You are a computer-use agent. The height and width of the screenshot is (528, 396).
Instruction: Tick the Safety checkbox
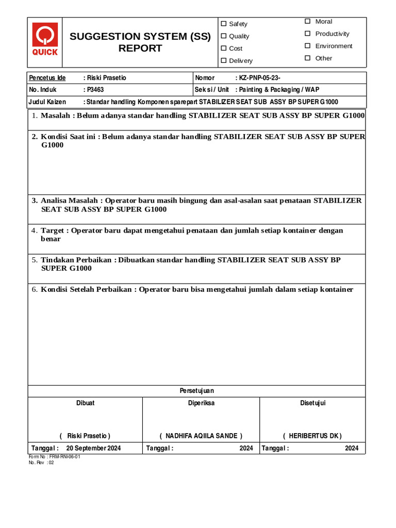pos(224,24)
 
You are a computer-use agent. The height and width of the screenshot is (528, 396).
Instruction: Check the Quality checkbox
pos(224,36)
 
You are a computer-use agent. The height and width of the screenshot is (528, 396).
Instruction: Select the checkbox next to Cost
pos(224,48)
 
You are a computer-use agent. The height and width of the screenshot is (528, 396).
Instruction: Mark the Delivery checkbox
pos(224,61)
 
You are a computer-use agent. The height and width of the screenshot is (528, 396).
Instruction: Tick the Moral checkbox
pos(307,21)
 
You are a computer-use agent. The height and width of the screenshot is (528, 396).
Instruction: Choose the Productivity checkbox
pos(307,34)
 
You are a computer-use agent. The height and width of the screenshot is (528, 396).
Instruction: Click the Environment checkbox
pos(307,46)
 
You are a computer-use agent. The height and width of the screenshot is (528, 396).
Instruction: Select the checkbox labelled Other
pos(307,58)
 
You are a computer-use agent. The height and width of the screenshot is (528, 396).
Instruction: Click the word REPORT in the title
pos(140,48)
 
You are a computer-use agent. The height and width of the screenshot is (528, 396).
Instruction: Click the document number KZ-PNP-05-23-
pos(259,78)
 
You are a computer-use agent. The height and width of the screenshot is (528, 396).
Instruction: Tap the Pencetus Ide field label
pos(47,78)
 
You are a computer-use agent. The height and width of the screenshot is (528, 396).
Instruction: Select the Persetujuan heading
pos(196,391)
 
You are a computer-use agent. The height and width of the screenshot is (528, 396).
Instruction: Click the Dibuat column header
pos(85,403)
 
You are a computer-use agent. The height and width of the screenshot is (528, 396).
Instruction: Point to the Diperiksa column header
pos(201,403)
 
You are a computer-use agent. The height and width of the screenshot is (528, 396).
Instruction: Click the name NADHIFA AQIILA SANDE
pos(201,436)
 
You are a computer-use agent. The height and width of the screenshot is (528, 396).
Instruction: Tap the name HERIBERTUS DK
pos(312,436)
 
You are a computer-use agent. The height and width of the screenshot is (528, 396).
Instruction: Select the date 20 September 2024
pos(93,449)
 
